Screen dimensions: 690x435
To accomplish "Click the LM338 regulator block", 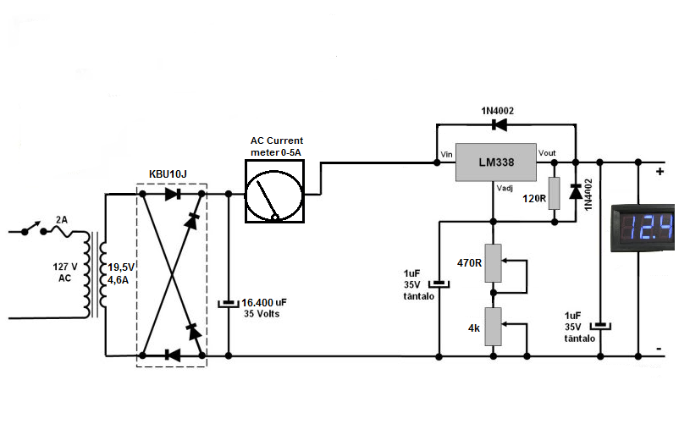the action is click(496, 162).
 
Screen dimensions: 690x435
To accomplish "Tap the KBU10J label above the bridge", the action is click(168, 174).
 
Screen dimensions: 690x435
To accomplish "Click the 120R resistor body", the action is click(555, 193).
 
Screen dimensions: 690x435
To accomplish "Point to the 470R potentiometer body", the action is click(493, 263).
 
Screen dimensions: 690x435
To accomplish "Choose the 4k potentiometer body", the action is click(493, 327).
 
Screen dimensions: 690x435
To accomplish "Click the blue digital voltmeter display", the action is click(643, 228).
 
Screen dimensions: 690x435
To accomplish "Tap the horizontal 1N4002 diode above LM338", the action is click(499, 125).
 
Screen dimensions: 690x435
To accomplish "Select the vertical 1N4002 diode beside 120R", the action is click(576, 191).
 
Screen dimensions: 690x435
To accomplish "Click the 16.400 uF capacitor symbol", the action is click(229, 304).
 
